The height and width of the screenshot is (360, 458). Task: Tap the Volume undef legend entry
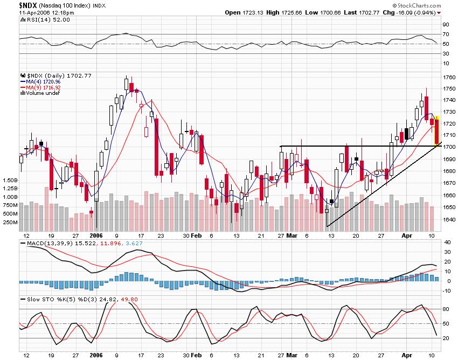[43, 93]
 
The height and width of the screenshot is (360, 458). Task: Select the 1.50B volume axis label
[11, 180]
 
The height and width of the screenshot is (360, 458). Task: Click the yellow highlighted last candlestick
[438, 131]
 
